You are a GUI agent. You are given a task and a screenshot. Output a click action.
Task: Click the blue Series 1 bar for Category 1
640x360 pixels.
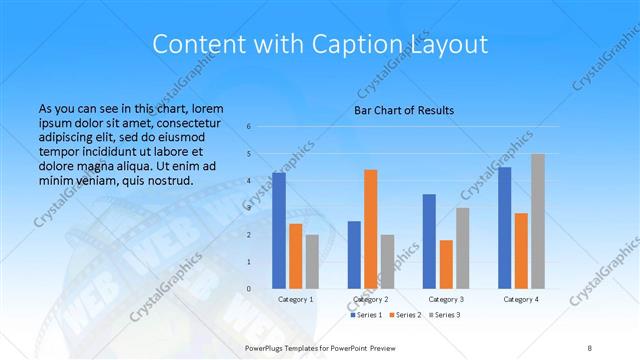click(x=279, y=231)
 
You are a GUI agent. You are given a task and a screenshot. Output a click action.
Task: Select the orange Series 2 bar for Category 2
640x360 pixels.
click(x=371, y=229)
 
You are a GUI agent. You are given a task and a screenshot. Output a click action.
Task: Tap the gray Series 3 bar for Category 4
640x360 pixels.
click(x=538, y=221)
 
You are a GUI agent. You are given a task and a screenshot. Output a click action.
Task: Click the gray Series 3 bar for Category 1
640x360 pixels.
click(x=312, y=261)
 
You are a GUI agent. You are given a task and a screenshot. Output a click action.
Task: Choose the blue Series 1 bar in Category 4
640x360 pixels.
click(x=505, y=228)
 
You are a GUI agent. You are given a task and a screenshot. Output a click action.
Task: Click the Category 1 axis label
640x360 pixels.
click(x=296, y=299)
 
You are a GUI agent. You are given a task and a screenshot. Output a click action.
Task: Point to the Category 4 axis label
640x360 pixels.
click(x=521, y=299)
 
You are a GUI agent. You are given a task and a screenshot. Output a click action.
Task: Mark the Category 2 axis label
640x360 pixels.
click(x=371, y=299)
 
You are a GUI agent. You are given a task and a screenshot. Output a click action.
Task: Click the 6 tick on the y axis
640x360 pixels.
click(x=263, y=127)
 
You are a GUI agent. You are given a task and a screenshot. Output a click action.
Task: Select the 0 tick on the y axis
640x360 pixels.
click(x=263, y=289)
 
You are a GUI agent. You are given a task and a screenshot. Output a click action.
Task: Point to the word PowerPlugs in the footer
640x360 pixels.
click(x=269, y=346)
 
